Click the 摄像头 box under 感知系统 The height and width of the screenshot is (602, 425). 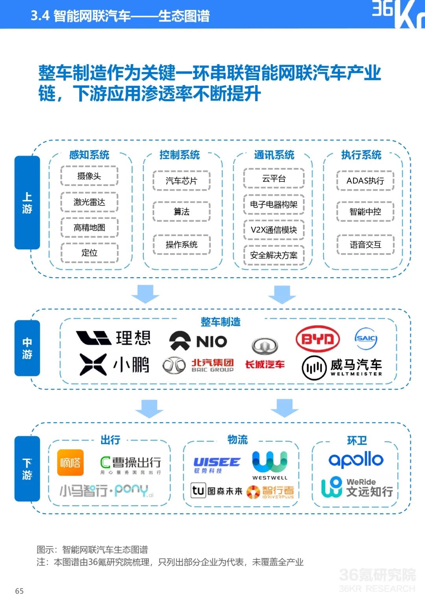[x=89, y=176]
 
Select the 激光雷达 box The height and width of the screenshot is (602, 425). [x=89, y=202]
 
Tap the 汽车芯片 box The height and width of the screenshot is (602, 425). [x=181, y=181]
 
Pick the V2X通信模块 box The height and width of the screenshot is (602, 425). [x=274, y=230]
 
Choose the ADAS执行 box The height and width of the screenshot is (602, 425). [x=365, y=181]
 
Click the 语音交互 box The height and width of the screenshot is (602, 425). [x=365, y=245]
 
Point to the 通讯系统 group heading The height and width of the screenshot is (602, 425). [x=274, y=155]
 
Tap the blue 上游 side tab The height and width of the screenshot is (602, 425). [x=27, y=203]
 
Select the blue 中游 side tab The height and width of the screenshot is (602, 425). [x=27, y=348]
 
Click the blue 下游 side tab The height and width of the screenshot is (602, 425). [x=27, y=469]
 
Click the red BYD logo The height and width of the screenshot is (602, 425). [x=318, y=339]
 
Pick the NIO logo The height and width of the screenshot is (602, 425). [x=198, y=341]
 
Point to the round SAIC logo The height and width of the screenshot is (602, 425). [x=366, y=339]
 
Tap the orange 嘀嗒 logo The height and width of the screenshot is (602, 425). [x=70, y=463]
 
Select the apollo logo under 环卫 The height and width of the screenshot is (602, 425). [x=356, y=459]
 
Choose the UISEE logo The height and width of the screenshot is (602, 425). [x=216, y=465]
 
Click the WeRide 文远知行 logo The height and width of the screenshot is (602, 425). [x=357, y=487]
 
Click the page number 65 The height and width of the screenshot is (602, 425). [x=19, y=591]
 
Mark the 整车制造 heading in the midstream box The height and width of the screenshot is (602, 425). [x=220, y=322]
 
